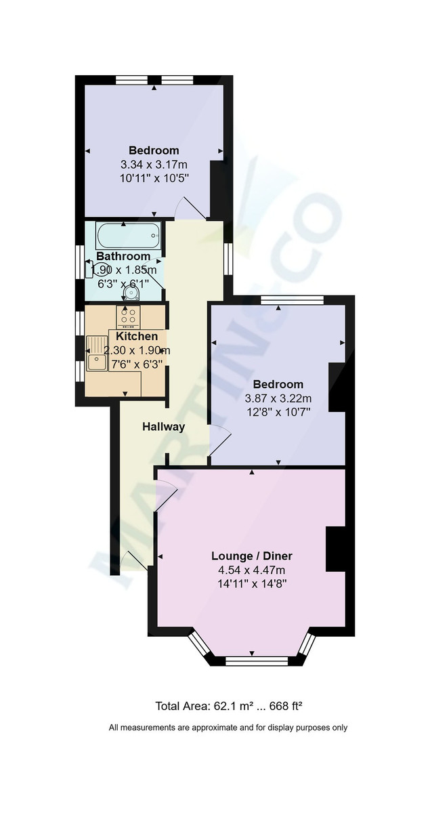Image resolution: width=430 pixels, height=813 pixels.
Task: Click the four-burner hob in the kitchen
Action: tap(129, 316)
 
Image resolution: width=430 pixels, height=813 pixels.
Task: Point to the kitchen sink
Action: tap(96, 353)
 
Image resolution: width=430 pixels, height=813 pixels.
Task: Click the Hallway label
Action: tap(164, 427)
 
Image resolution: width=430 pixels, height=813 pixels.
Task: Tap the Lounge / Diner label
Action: tap(252, 556)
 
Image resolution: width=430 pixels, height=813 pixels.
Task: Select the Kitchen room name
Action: tap(137, 336)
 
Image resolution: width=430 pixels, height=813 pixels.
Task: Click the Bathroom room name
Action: tap(123, 256)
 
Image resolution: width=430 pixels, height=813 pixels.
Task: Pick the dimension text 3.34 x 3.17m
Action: tap(154, 164)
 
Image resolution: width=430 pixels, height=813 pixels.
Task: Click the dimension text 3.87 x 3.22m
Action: tap(278, 398)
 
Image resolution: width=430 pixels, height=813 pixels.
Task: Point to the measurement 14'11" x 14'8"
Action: tap(252, 583)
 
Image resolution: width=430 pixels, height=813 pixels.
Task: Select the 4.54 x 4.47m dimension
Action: tap(252, 570)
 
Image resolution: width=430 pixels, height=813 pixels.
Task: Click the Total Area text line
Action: tap(229, 706)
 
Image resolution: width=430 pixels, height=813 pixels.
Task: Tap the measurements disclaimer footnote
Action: tap(229, 728)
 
